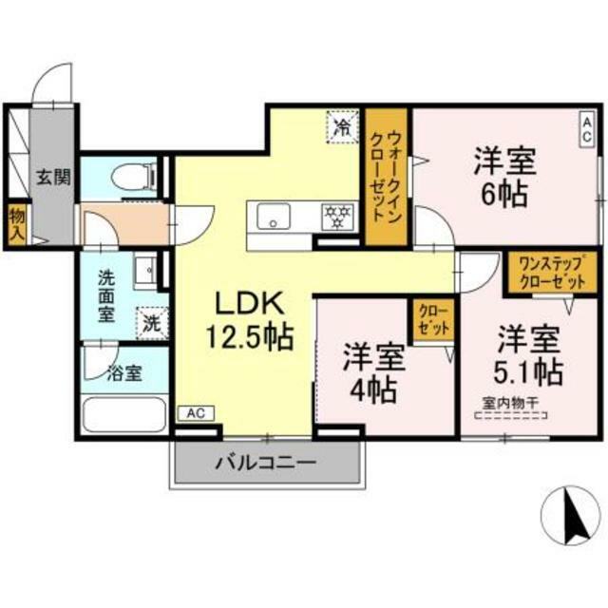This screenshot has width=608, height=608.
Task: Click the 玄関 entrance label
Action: [x=53, y=178]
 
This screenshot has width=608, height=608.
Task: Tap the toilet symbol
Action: [x=134, y=178]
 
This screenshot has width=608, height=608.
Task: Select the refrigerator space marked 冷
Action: [x=343, y=126]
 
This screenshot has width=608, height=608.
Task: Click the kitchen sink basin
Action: [x=274, y=216]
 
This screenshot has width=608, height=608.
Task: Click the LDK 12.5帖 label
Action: [x=249, y=320]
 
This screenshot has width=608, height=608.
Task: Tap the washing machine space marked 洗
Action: [x=152, y=323]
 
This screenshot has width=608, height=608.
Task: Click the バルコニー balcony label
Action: [x=266, y=463]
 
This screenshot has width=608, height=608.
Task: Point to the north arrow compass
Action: [x=570, y=516]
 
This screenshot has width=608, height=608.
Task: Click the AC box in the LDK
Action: [x=196, y=413]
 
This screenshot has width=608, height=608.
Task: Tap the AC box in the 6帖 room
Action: [x=587, y=129]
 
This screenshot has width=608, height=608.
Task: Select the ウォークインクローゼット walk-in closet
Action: [x=387, y=177]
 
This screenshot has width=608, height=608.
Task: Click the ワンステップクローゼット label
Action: [x=552, y=273]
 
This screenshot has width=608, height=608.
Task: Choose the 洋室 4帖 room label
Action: [x=373, y=372]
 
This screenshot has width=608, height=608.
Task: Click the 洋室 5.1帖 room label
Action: [x=528, y=355]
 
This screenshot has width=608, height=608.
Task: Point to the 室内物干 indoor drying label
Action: [x=510, y=403]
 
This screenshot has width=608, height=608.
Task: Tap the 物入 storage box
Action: [x=17, y=225]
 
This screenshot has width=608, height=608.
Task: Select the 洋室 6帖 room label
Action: [x=504, y=177]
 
